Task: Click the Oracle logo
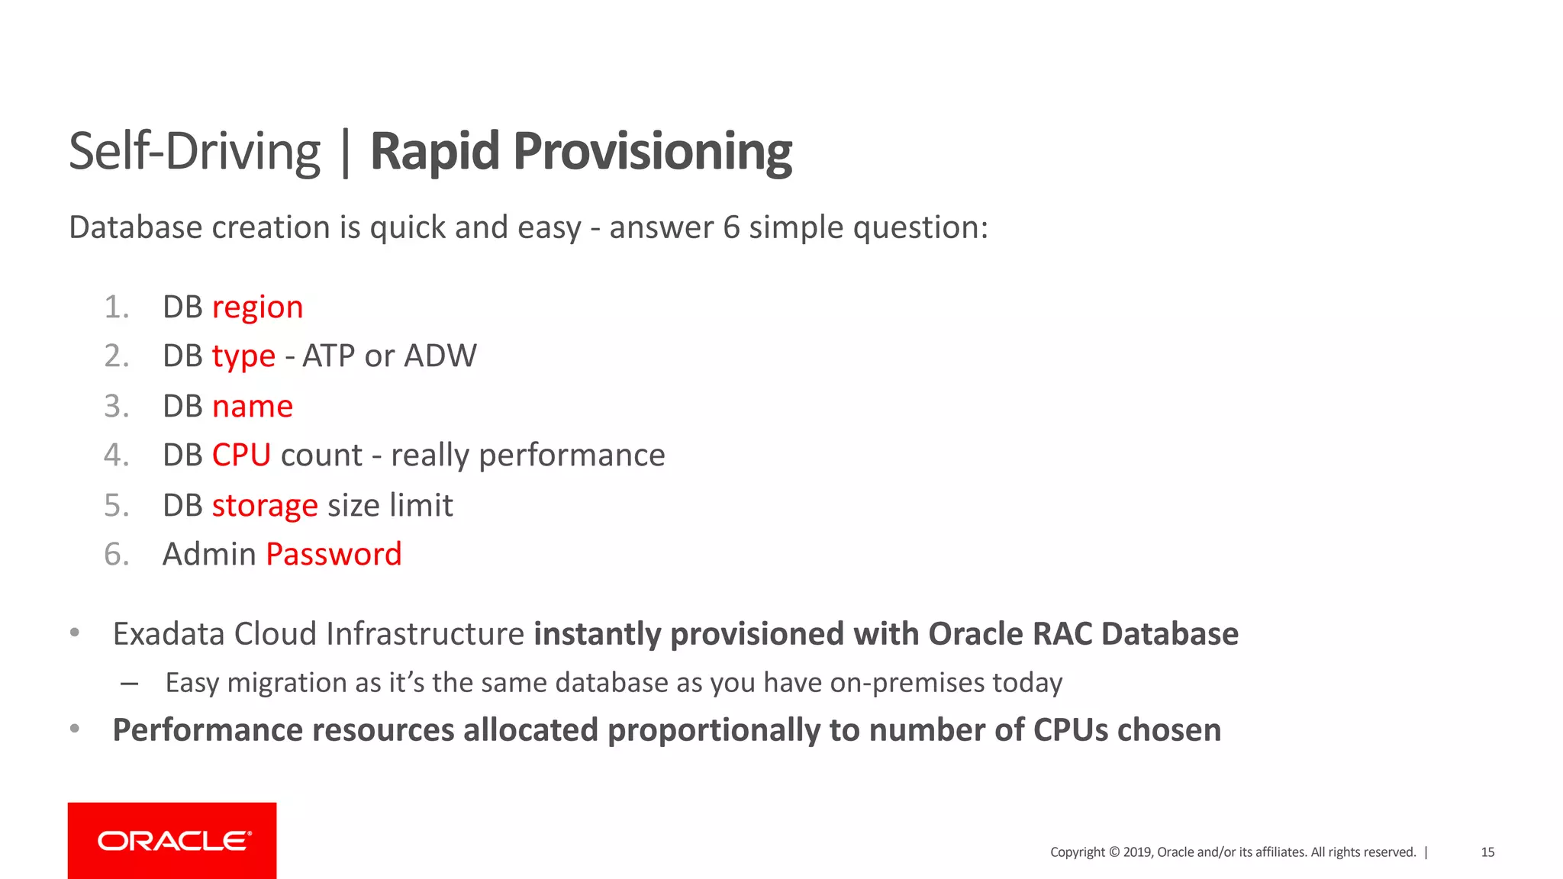click(172, 841)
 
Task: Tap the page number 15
click(1487, 852)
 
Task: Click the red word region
click(257, 307)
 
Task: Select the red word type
click(243, 356)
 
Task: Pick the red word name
click(252, 407)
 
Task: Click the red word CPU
click(241, 456)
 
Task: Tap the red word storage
click(264, 506)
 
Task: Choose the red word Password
click(334, 555)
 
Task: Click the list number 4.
click(115, 456)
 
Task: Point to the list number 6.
click(115, 555)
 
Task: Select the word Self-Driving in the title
click(194, 152)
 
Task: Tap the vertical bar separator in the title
click(346, 153)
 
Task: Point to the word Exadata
click(169, 634)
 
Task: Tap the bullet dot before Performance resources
click(75, 729)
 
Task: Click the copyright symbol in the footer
click(1114, 852)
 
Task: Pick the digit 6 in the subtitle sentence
click(731, 228)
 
